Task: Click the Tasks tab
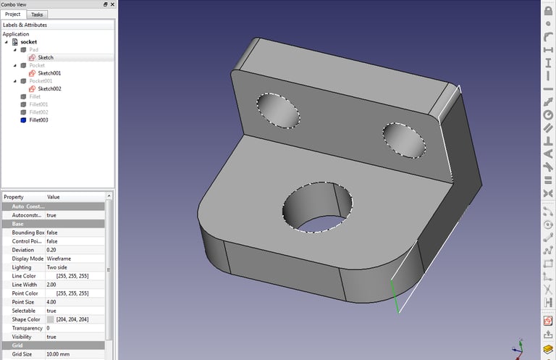point(36,14)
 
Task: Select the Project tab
point(13,14)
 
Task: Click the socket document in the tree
point(28,42)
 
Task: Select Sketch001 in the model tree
point(49,73)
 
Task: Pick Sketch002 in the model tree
point(49,89)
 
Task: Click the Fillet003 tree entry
point(38,120)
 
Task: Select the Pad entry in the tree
point(33,50)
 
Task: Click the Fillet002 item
point(38,112)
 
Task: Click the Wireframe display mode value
point(59,259)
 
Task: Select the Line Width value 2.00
point(53,285)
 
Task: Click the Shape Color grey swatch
point(51,319)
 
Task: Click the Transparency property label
point(28,328)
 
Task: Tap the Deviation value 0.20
point(51,250)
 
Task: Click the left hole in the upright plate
point(277,111)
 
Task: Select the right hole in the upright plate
point(405,139)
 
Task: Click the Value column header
point(54,197)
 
